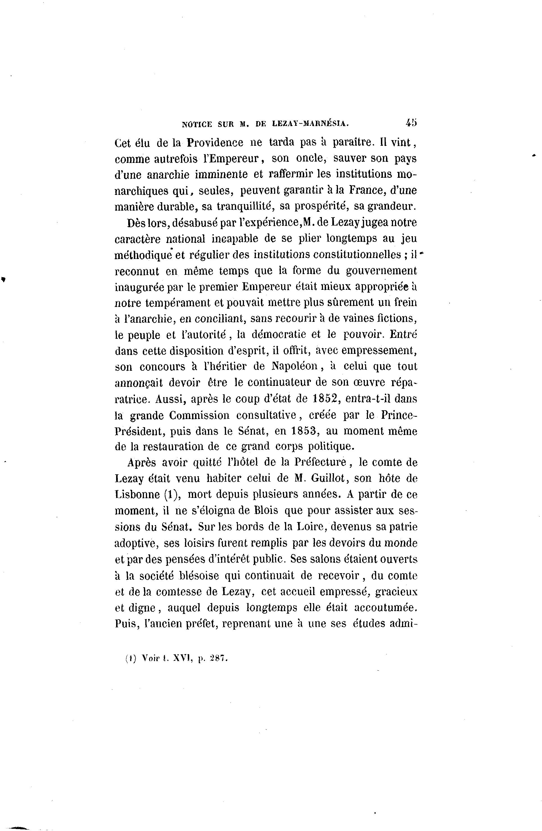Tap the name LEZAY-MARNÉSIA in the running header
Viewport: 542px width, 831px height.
tap(310, 123)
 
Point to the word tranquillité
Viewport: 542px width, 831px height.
tap(244, 206)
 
